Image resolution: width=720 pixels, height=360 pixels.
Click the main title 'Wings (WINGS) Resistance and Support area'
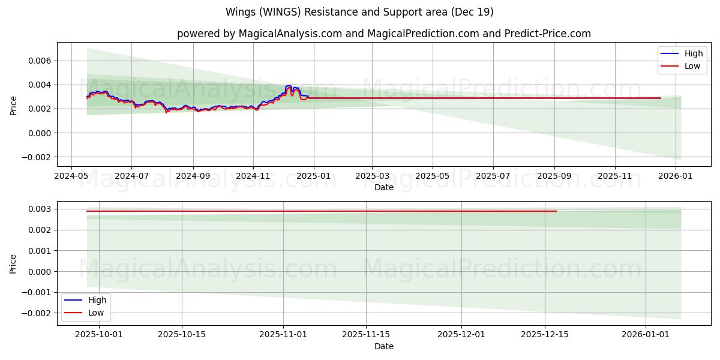coord(359,12)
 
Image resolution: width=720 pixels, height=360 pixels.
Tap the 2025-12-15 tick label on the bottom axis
coord(544,334)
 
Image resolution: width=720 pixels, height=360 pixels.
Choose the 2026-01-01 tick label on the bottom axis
coord(646,334)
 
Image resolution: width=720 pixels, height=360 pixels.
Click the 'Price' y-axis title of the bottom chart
coord(14,263)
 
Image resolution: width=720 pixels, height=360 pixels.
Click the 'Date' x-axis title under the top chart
coord(383,187)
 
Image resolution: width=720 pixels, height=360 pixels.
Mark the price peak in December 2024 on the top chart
coord(289,86)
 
